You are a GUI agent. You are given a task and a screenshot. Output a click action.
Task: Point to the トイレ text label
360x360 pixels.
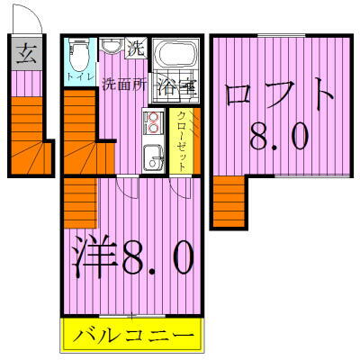click(x=76, y=78)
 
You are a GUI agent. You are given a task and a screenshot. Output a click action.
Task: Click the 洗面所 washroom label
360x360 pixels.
click(x=123, y=87)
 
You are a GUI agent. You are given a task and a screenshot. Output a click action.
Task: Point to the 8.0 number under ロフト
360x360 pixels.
click(x=280, y=137)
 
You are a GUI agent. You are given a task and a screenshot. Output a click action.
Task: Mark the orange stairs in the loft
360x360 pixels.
click(x=229, y=202)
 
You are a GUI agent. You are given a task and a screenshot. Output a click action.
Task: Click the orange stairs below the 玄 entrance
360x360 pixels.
click(x=26, y=134)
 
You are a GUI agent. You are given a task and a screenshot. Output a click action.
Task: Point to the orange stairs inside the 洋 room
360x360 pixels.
click(x=80, y=202)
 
